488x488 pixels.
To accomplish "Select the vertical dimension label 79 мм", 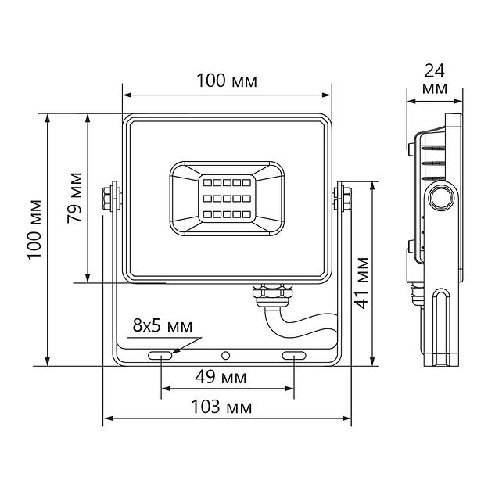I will pos(74,197).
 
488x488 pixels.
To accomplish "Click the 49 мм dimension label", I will pos(221,378).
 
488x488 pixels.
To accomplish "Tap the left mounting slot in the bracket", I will pos(160,356).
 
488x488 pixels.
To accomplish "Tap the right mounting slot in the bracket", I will pos(294,356).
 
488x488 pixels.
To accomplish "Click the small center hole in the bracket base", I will pos(227,356).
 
